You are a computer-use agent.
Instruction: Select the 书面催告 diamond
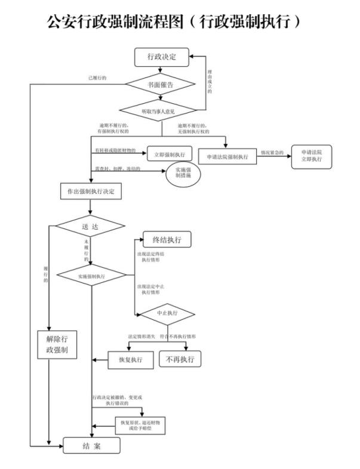(x=161, y=85)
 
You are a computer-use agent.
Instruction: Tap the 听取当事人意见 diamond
(x=161, y=111)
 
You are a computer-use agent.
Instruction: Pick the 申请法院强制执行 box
(x=226, y=156)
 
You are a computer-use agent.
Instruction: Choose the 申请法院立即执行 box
(x=311, y=156)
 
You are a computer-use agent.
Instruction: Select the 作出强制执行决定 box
(x=91, y=192)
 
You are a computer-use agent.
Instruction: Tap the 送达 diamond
(x=90, y=226)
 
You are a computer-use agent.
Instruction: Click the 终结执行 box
(x=167, y=240)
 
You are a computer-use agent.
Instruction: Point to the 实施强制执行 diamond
(x=91, y=277)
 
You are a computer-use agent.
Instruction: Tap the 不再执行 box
(x=180, y=359)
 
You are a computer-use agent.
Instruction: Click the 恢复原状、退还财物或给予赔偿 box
(x=140, y=425)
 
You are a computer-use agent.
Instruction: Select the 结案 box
(x=92, y=445)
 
